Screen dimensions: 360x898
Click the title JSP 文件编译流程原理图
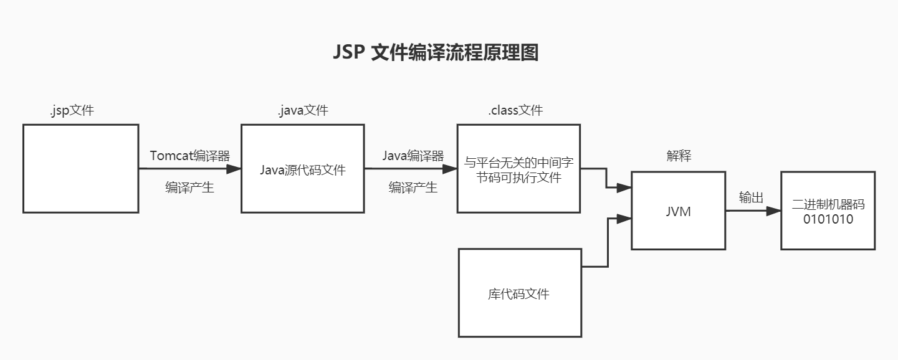point(436,53)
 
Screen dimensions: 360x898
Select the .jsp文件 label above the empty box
point(72,111)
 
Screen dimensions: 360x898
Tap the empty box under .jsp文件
point(80,168)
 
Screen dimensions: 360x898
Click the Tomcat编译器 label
point(189,156)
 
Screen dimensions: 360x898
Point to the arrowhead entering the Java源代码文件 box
point(234,168)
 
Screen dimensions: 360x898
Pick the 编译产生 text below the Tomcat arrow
point(189,187)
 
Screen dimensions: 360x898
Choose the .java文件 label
point(302,111)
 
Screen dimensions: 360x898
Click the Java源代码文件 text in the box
point(302,169)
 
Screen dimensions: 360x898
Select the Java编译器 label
point(413,156)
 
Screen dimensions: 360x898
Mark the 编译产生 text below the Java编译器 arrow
point(413,187)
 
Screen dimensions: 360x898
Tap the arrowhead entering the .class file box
point(449,168)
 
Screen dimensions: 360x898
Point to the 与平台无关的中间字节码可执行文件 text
point(518,170)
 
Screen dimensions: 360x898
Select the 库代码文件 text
point(518,294)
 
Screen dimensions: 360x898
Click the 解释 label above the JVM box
point(679,156)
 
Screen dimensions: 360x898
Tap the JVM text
point(678,212)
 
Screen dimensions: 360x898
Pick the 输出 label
point(751,197)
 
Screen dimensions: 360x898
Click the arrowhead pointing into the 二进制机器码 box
point(773,211)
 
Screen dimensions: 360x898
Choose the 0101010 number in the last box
point(828,219)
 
